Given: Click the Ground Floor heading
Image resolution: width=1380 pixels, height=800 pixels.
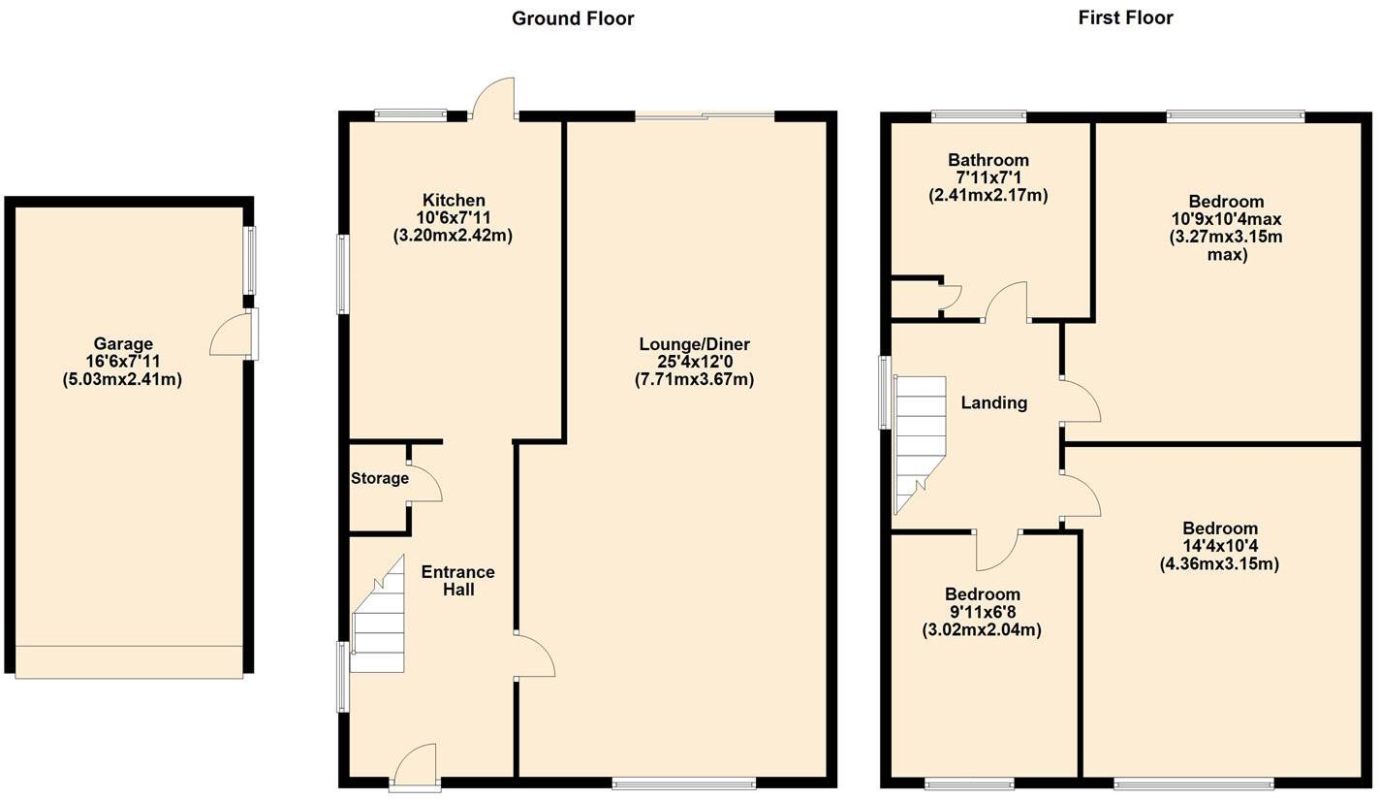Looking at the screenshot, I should tap(573, 18).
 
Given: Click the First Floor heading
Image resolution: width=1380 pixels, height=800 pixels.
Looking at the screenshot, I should tap(1125, 17).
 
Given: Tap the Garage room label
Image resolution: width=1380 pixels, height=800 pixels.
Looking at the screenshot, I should tap(123, 343).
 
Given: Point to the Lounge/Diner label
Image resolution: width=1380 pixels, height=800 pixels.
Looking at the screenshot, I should tap(694, 344).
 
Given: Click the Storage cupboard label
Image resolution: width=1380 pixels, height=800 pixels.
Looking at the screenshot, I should tap(379, 478).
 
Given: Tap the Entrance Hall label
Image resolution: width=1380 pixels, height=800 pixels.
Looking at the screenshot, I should tap(457, 580).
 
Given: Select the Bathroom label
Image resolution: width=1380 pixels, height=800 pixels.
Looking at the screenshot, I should tap(988, 160).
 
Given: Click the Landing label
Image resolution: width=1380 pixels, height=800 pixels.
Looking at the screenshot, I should tap(993, 402).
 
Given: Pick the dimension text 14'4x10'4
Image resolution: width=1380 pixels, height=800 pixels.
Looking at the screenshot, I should tap(1219, 546).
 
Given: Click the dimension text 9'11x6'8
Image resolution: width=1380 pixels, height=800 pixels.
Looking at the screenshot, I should tap(983, 612).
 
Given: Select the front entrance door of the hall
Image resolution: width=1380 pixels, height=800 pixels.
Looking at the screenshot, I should tap(416, 765).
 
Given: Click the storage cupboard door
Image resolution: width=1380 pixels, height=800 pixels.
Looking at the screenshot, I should tap(424, 482).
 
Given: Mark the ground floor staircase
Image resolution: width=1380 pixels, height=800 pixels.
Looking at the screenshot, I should tap(379, 621).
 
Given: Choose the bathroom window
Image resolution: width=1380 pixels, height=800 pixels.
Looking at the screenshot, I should tap(979, 117).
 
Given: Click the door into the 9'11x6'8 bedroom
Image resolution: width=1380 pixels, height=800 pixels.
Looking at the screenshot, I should tap(996, 549).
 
